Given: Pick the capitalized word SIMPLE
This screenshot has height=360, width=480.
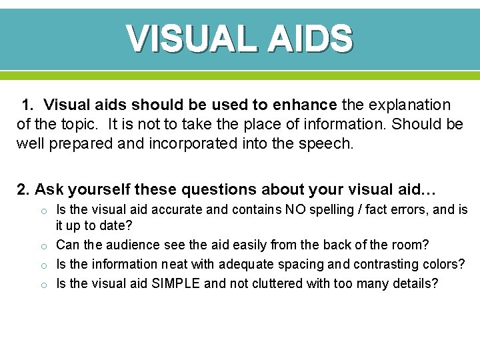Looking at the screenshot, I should coord(176,283).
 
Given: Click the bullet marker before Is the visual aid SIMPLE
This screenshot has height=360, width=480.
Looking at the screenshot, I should coord(41,285).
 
